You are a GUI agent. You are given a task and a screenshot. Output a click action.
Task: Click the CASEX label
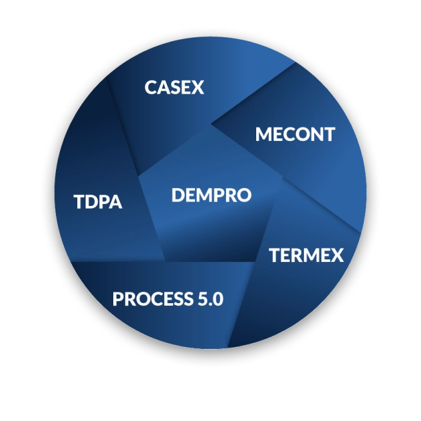[174, 87]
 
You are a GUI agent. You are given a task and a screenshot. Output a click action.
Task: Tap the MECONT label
[295, 135]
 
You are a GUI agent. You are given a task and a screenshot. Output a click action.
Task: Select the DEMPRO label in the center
[210, 194]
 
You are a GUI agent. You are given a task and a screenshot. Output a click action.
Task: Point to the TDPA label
[98, 202]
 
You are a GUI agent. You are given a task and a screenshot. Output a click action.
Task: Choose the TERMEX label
[306, 255]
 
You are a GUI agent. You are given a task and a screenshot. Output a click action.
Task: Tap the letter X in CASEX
[197, 87]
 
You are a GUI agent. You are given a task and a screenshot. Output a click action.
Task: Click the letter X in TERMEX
[336, 255]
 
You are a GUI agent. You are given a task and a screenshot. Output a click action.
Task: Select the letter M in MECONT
[263, 135]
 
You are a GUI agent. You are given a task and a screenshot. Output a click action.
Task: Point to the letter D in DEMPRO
[178, 194]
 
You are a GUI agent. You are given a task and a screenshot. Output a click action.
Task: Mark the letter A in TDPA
[115, 202]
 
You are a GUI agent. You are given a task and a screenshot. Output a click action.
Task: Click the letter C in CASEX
[151, 87]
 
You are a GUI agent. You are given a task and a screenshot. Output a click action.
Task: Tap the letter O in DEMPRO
[243, 194]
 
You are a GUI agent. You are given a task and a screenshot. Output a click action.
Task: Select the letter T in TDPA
[79, 202]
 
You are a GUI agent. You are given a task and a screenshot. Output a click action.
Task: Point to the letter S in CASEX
[174, 87]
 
